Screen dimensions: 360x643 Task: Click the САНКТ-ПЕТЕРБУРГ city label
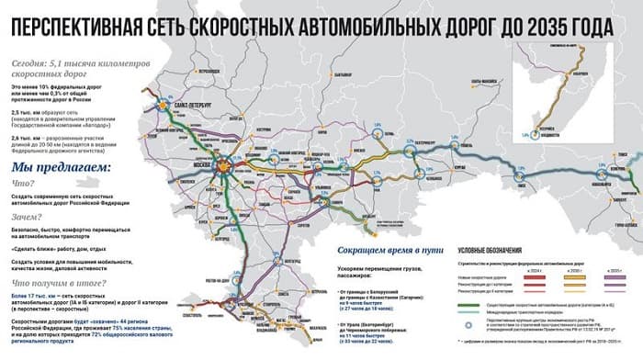click(x=188, y=105)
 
